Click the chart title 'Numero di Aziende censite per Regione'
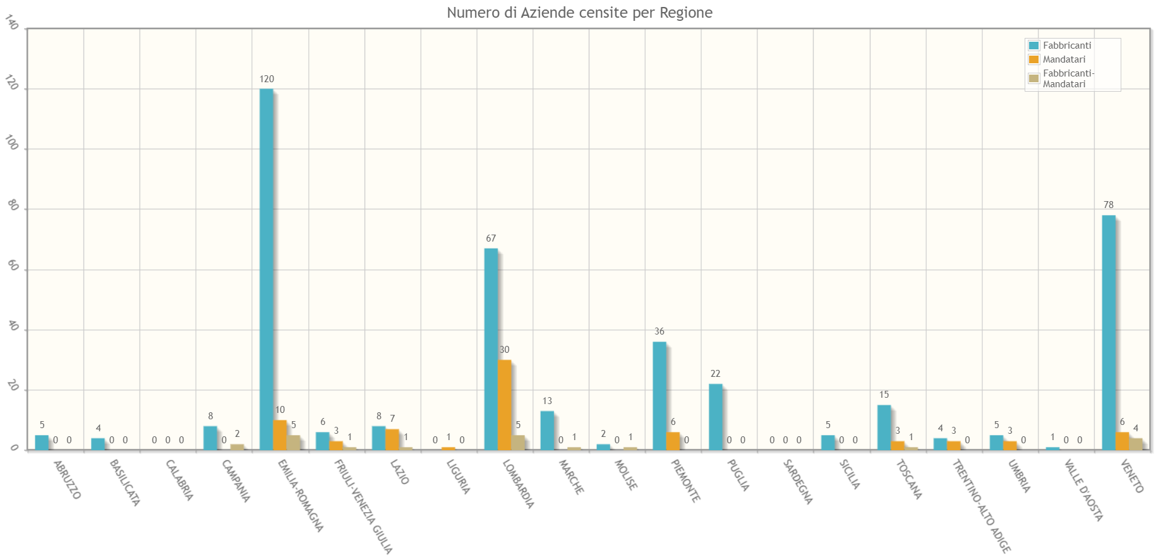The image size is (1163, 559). [579, 13]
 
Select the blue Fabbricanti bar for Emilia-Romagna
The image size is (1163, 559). [267, 269]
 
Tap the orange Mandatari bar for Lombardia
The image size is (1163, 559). [504, 405]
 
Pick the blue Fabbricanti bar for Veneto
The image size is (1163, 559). [1108, 332]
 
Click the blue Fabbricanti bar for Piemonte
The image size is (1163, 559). [659, 395]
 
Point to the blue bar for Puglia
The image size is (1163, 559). [715, 417]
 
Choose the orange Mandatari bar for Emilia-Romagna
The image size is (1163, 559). [280, 435]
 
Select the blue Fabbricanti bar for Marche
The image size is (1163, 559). [547, 430]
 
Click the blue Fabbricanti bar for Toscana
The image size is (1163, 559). [884, 427]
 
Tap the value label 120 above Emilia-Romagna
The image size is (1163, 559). [267, 79]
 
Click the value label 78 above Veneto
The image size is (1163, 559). [1108, 205]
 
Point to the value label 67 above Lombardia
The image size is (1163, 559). [491, 238]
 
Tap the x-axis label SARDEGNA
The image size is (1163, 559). [797, 482]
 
